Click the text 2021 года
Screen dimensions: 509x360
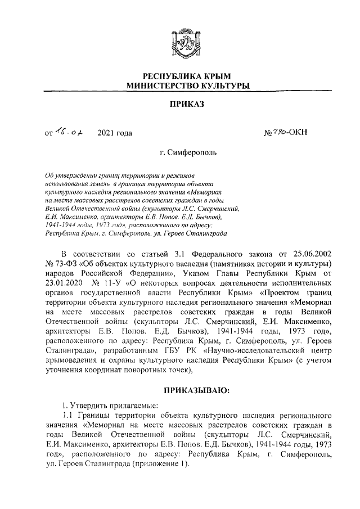[x=115, y=133]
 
